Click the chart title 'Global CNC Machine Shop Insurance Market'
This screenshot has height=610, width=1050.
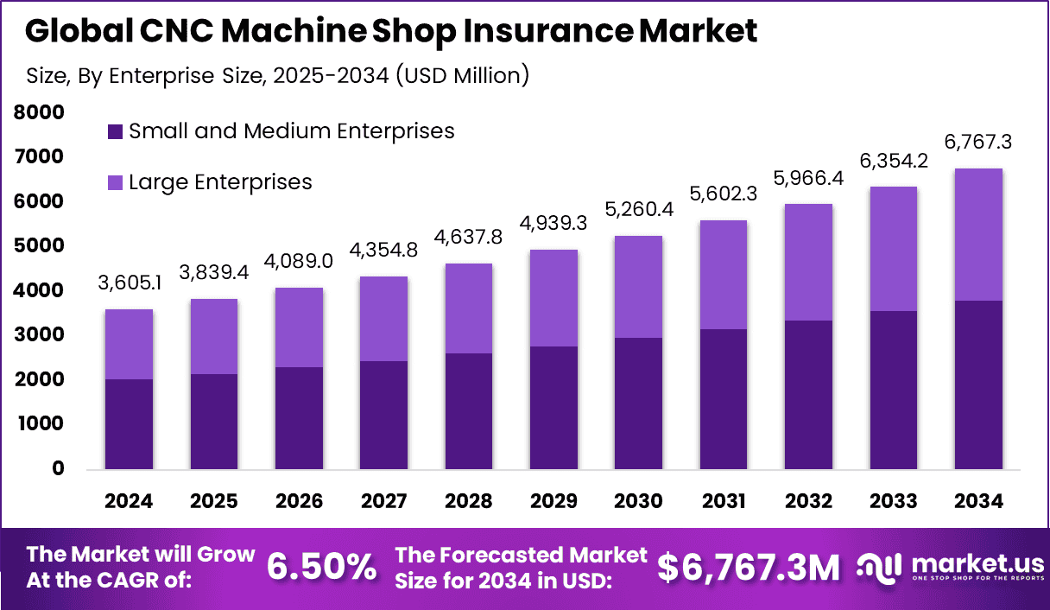point(391,31)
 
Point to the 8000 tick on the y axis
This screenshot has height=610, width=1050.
point(39,112)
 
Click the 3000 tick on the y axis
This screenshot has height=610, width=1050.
point(39,335)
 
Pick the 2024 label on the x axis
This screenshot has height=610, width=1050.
point(129,502)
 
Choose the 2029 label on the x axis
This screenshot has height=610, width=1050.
point(553,502)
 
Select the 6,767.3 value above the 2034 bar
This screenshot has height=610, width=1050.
point(978,143)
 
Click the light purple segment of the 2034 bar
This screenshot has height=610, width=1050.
point(978,234)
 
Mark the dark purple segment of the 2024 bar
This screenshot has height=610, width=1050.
point(129,424)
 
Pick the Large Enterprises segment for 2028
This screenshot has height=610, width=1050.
point(468,308)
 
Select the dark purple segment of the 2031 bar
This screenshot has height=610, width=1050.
point(723,399)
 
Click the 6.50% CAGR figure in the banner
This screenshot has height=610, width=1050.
point(321,567)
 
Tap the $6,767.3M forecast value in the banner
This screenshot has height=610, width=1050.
point(748,567)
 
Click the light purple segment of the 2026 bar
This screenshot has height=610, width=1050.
point(299,327)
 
